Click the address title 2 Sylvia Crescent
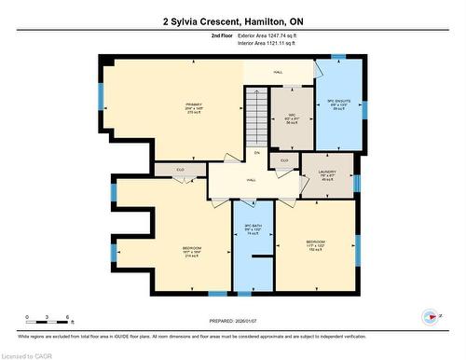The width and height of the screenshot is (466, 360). tap(232, 21)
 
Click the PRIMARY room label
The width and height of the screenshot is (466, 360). tap(193, 105)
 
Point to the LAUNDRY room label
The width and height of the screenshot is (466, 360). tap(326, 173)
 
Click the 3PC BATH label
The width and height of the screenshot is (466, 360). tap(252, 231)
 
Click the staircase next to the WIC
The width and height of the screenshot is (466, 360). tap(255, 116)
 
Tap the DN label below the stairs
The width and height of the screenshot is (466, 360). tap(256, 153)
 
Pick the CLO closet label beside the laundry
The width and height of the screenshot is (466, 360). tap(284, 161)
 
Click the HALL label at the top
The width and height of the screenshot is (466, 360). tap(279, 71)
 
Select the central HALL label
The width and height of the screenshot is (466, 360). tap(252, 180)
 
